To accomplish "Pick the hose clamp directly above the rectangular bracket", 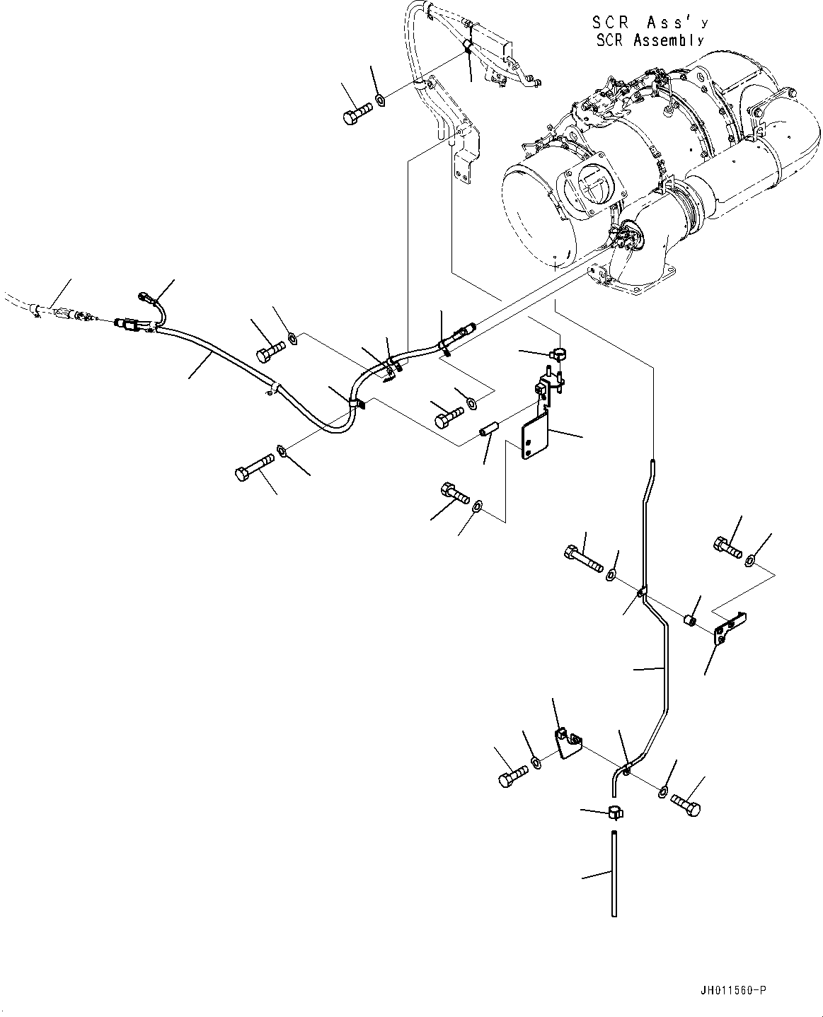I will [558, 351].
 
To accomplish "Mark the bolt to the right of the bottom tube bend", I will [685, 804].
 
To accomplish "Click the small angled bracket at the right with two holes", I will [730, 627].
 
